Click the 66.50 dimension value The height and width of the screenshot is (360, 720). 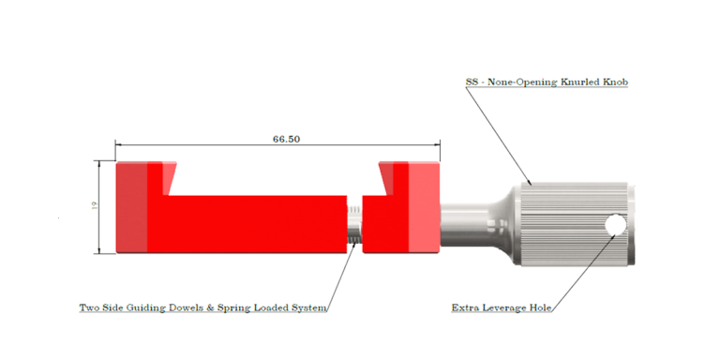click(x=286, y=139)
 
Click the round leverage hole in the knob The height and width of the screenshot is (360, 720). click(x=615, y=225)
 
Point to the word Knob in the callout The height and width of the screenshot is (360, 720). click(x=616, y=82)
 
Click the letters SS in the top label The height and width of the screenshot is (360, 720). click(x=472, y=82)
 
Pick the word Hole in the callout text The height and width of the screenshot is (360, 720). click(x=540, y=307)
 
